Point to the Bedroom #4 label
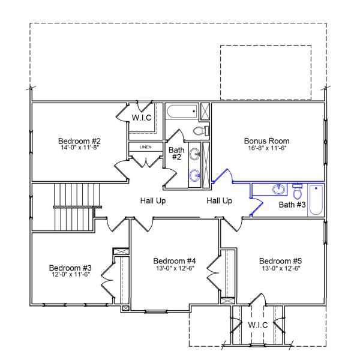[x=175, y=261]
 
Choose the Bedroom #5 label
[x=280, y=261]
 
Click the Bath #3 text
[x=292, y=205]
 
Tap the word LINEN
[x=146, y=147]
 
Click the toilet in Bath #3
[x=298, y=191]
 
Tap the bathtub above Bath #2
[x=182, y=111]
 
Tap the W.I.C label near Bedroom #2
[x=142, y=117]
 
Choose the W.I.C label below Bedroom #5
[x=257, y=325]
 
